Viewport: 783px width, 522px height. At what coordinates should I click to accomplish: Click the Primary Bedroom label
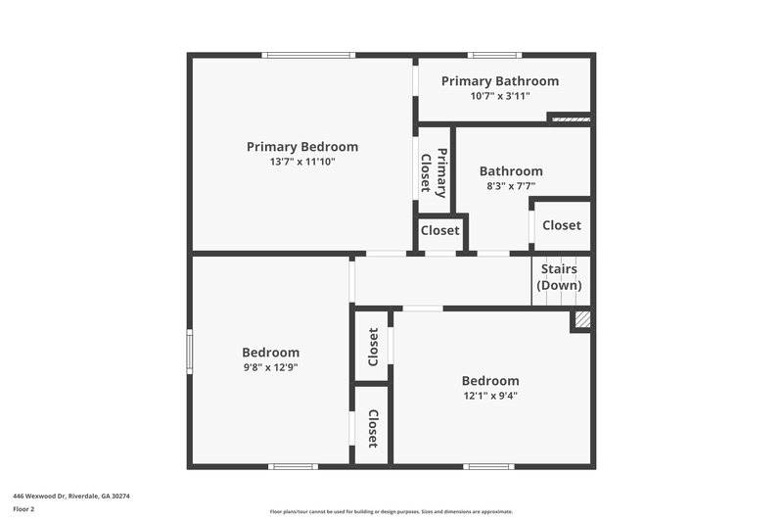(301, 147)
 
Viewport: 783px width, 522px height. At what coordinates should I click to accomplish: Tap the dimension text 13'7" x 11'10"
(301, 163)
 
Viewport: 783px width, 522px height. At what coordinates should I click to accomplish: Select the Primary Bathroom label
(499, 81)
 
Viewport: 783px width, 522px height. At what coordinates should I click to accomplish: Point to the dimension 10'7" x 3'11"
(499, 96)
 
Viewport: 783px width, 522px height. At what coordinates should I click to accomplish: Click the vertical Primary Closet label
(434, 173)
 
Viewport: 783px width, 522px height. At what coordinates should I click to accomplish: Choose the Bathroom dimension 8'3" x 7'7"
(510, 185)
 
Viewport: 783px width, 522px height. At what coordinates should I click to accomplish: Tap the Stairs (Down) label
(559, 277)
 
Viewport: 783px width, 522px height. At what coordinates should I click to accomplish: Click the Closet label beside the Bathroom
(561, 225)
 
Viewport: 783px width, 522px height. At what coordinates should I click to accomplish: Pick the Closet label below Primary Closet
(439, 231)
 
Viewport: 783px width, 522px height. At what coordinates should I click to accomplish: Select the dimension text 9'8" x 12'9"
(270, 367)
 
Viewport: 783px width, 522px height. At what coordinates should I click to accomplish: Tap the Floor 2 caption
(23, 509)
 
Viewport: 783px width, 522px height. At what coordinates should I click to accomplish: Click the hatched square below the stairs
(581, 319)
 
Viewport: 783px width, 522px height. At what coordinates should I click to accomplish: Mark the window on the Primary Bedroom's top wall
(307, 55)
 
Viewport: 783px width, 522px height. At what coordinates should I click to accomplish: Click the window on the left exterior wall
(189, 351)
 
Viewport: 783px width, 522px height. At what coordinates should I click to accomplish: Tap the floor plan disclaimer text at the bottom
(391, 511)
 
